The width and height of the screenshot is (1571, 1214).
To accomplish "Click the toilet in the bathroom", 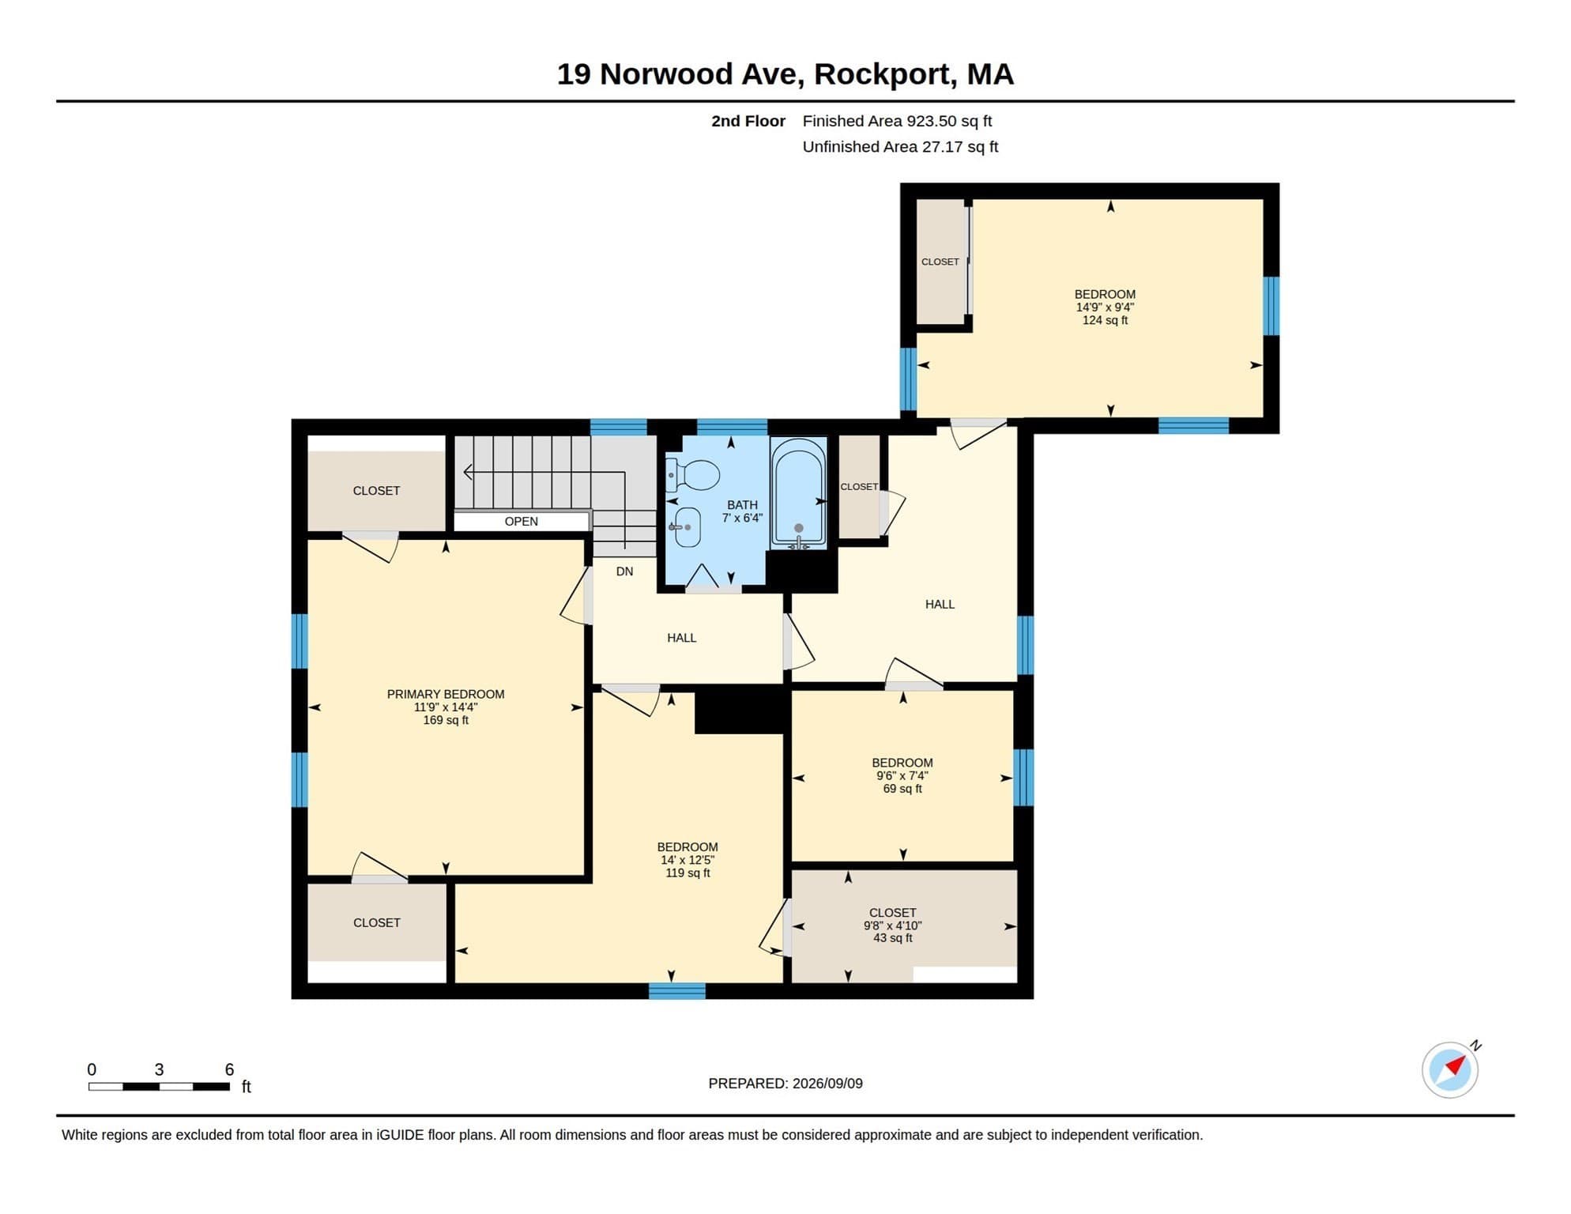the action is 692,476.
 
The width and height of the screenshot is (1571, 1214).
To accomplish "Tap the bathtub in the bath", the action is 799,493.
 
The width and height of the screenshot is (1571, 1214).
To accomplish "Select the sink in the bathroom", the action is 685,527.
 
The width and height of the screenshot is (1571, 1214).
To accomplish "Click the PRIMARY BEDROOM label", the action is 446,694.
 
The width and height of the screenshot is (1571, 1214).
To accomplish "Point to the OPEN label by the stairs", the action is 522,522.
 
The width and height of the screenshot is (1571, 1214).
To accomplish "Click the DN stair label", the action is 624,571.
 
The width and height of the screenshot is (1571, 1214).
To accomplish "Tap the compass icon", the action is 1451,1069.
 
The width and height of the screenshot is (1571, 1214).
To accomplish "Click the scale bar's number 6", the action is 229,1069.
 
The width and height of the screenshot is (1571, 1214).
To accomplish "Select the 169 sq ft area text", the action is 446,720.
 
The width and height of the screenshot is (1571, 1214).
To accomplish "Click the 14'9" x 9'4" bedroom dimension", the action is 1105,307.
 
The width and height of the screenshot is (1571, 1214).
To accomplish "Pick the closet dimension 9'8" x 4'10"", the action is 893,926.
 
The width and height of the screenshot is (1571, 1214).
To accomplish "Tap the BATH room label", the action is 742,505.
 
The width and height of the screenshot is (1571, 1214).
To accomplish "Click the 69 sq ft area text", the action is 902,789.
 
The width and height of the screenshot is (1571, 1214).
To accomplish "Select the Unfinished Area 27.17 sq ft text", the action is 900,147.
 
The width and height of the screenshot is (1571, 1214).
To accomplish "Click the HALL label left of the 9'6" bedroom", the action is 681,638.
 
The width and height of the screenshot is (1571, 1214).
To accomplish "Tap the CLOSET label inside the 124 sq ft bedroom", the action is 940,262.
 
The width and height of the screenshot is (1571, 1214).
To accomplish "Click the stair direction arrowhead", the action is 468,473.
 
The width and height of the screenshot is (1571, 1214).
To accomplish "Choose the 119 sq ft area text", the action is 688,873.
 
